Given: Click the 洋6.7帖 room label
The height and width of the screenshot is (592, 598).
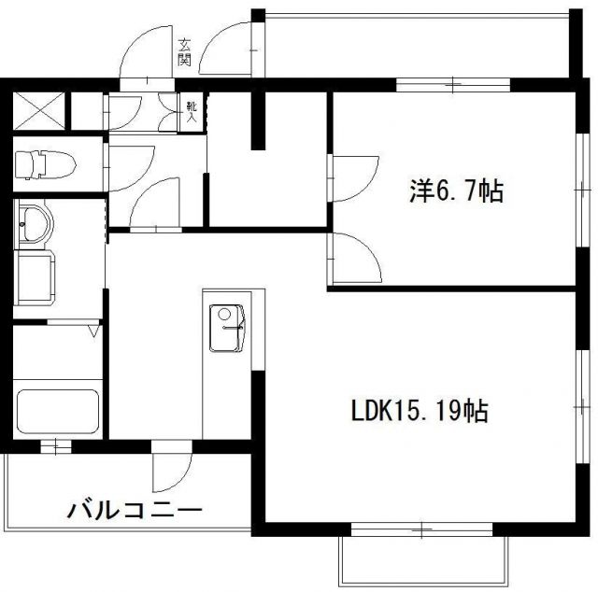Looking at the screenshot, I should (456, 192).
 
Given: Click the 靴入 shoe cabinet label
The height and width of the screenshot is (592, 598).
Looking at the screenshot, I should (191, 112).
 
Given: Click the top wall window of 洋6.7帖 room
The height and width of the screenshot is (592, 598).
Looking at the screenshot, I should (452, 85).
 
